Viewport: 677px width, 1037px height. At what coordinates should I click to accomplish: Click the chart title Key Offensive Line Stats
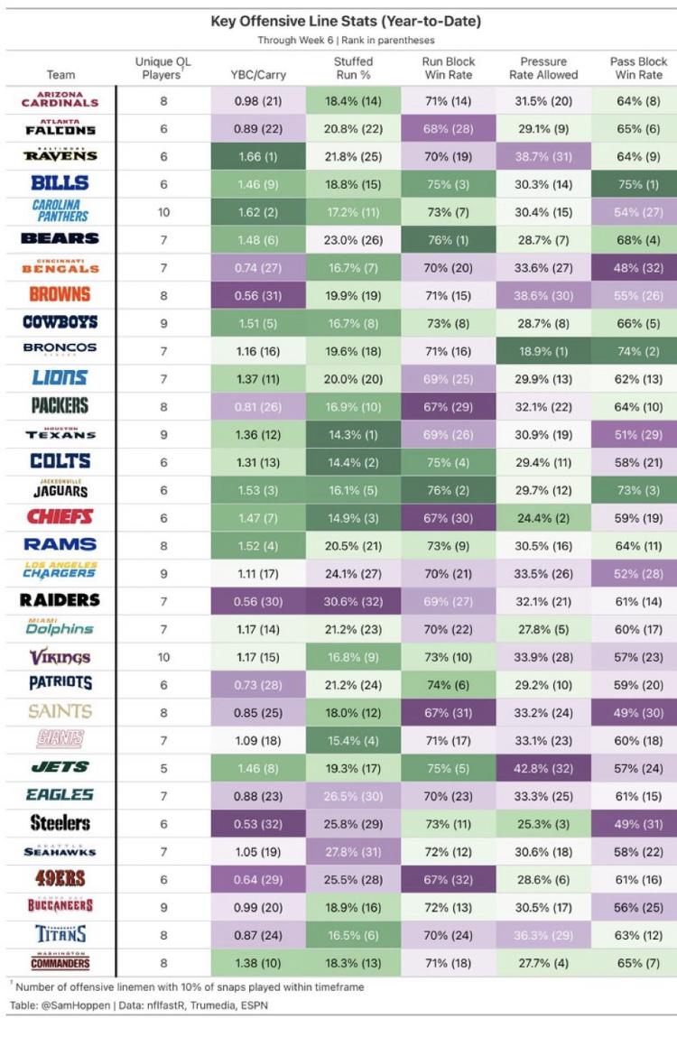click(x=346, y=21)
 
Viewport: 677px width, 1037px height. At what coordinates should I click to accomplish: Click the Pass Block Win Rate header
click(x=638, y=68)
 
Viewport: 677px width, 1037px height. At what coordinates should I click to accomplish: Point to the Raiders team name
click(x=60, y=600)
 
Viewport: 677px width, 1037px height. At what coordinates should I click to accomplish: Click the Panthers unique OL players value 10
click(x=163, y=211)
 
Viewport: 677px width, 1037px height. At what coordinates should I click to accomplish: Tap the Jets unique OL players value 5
click(x=163, y=767)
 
